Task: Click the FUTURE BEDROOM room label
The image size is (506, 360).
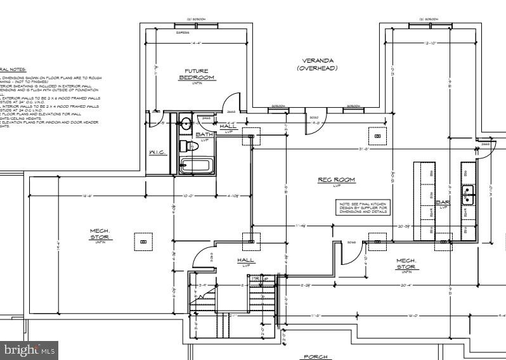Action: point(196,74)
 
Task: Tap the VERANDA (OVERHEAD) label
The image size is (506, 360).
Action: point(317,64)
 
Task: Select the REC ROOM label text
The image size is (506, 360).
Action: point(336,181)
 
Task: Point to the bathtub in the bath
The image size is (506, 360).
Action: point(195,167)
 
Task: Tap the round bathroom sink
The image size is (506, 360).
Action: point(186,123)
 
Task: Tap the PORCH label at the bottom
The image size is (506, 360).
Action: point(315,357)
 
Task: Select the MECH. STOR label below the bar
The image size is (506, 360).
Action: point(406,265)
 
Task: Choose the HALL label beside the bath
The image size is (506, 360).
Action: point(228,127)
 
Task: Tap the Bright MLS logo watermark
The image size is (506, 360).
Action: point(30,349)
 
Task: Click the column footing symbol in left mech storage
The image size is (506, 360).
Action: point(143,241)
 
